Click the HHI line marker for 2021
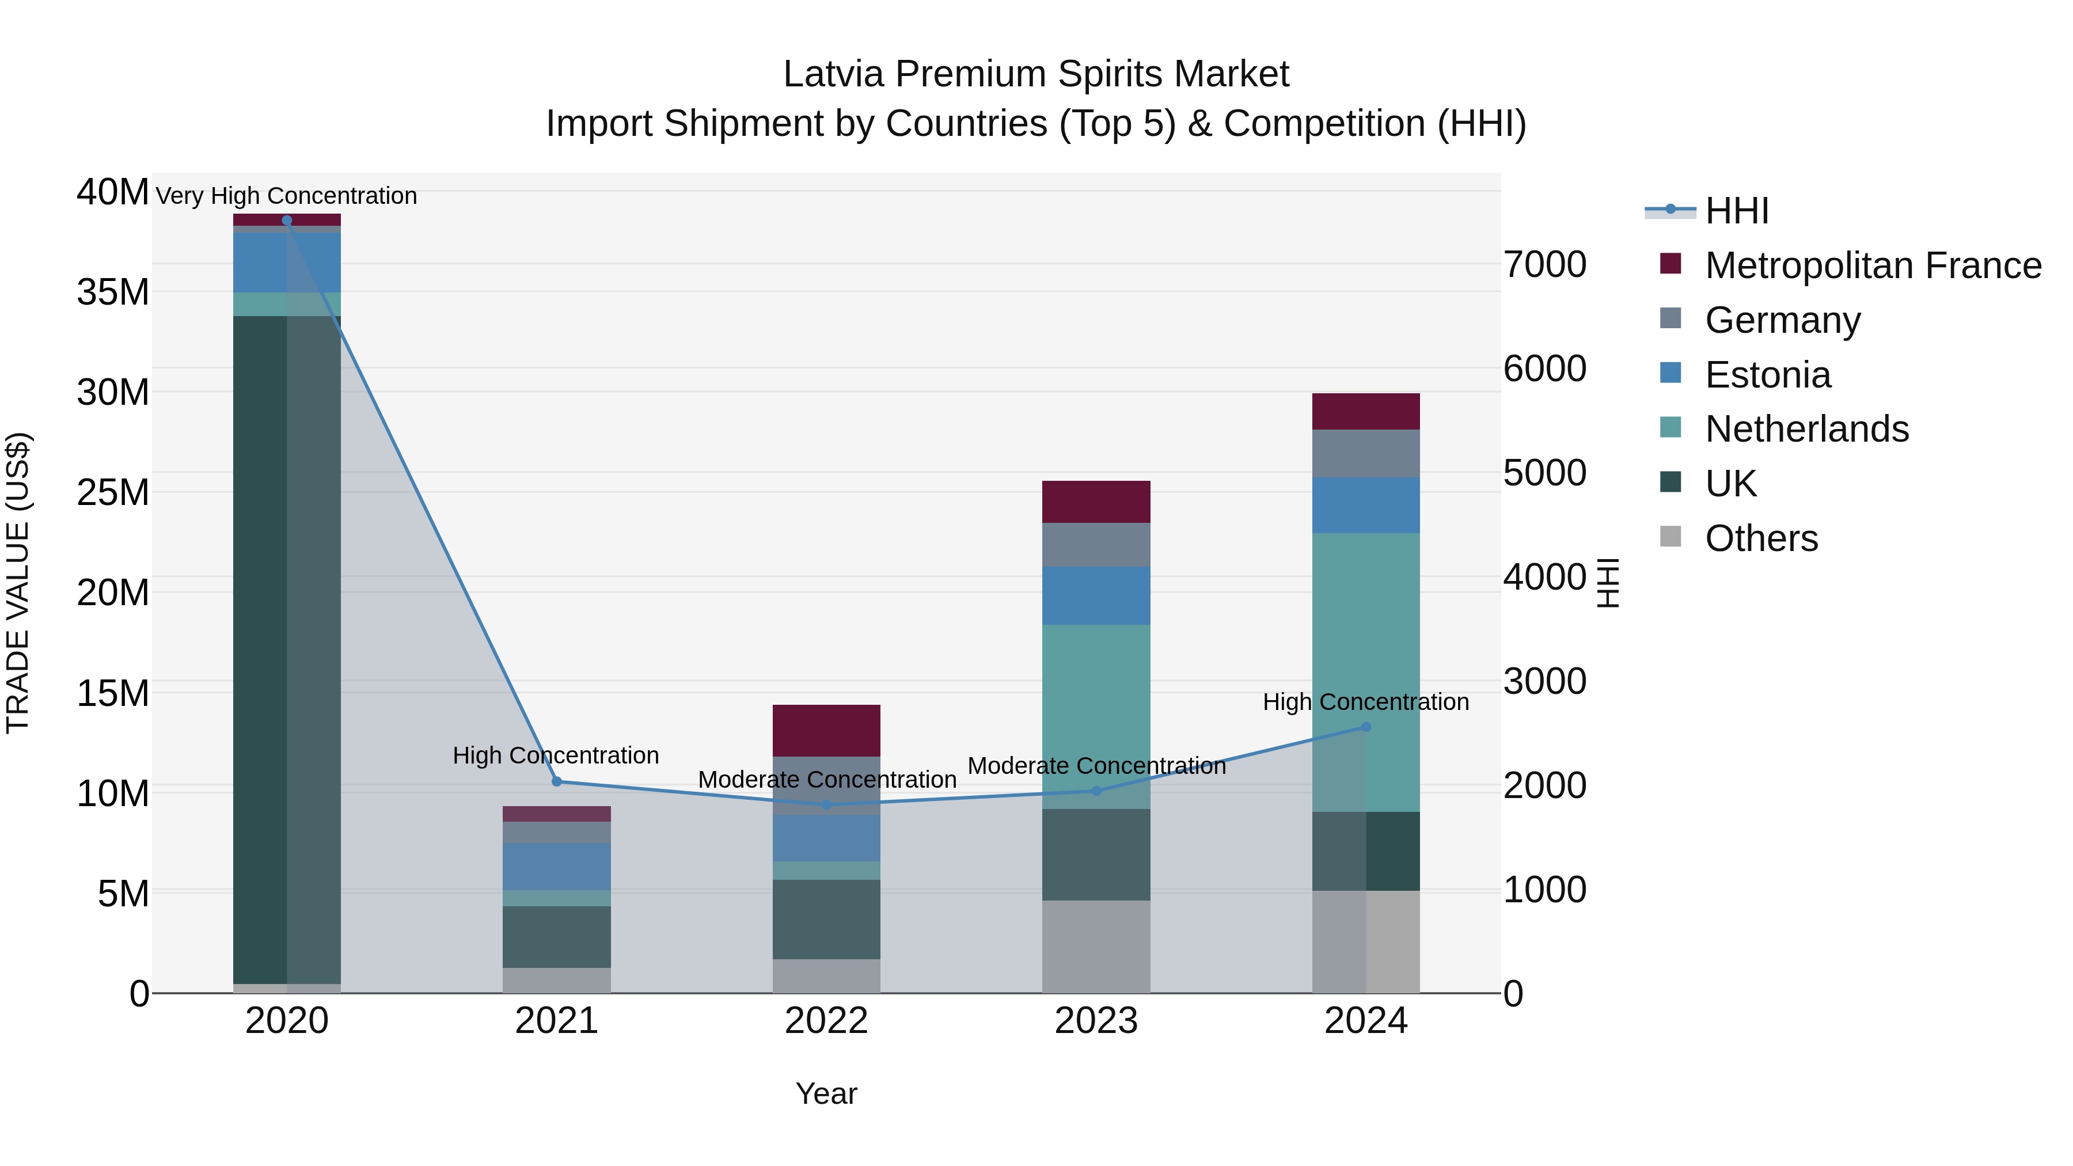[556, 781]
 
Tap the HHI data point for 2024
[1366, 727]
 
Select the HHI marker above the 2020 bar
[287, 220]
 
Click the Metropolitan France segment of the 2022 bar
[826, 730]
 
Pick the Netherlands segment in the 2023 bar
[1096, 716]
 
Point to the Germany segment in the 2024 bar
[1366, 453]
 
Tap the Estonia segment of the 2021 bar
[556, 866]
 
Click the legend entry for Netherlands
[1806, 429]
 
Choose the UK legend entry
[1730, 484]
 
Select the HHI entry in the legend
[1737, 211]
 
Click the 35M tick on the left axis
[113, 292]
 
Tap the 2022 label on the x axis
[826, 1021]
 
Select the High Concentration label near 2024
[1366, 702]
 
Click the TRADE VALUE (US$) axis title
[18, 583]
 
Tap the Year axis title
[826, 1093]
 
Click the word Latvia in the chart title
[834, 74]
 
